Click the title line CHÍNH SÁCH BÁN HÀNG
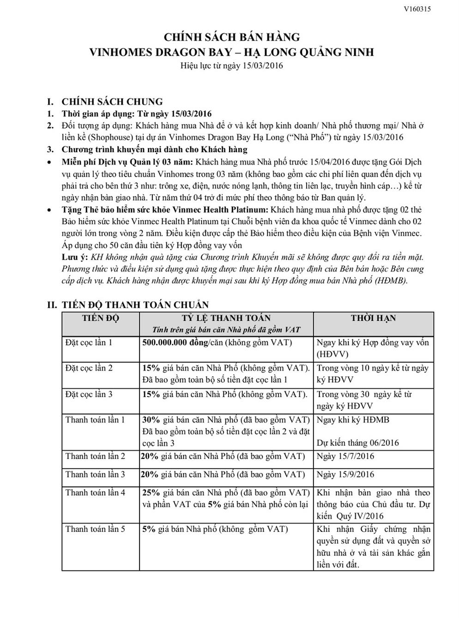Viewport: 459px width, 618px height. pos(231,37)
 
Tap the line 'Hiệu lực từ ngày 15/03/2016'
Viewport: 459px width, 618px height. pos(231,65)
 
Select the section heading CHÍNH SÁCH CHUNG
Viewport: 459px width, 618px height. pos(112,101)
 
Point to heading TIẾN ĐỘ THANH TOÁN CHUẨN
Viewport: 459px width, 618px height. pos(135,305)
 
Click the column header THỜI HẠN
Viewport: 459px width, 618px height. pos(373,318)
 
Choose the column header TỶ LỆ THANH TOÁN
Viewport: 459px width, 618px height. pos(226,318)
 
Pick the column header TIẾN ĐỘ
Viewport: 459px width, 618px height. pos(101,318)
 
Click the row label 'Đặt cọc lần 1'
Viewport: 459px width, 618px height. pos(89,343)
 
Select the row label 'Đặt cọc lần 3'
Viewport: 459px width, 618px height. pos(89,394)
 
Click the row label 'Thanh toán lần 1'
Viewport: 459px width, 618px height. pos(95,420)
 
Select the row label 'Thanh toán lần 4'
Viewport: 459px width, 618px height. pos(95,493)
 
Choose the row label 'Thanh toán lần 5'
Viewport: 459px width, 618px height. pos(95,529)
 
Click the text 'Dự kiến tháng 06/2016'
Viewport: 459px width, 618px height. pos(358,443)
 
